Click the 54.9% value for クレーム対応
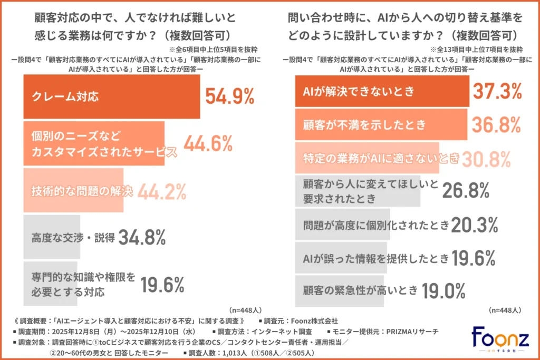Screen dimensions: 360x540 click(230, 97)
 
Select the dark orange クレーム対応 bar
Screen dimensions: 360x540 click(111, 96)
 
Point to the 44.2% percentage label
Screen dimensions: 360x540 click(162, 191)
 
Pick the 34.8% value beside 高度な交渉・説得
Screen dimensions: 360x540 click(142, 237)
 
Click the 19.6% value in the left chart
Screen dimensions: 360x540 click(162, 285)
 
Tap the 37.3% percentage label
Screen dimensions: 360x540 click(497, 92)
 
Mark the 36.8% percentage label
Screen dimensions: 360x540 click(497, 125)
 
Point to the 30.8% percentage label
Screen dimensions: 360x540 click(486, 158)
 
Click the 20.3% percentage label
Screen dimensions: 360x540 click(474, 225)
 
